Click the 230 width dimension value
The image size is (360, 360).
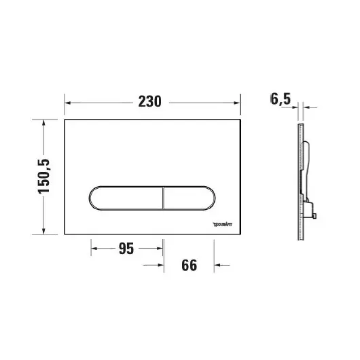(149, 102)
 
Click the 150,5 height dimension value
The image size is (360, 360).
(44, 177)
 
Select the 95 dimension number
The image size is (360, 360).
(126, 249)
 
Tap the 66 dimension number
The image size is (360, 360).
(190, 265)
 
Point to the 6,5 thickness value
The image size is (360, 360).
(280, 100)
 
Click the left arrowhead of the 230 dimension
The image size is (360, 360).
(68, 103)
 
